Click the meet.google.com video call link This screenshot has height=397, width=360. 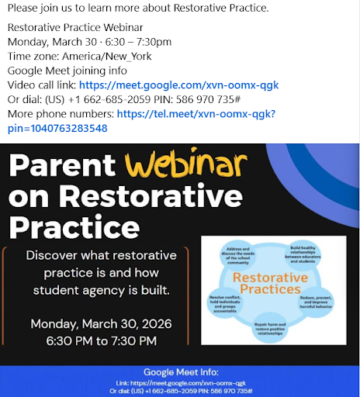[178, 85]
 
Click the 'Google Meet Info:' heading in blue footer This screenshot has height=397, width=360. [179, 372]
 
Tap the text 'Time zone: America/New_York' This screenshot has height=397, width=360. [79, 56]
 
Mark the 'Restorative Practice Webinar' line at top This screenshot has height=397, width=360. [74, 28]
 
